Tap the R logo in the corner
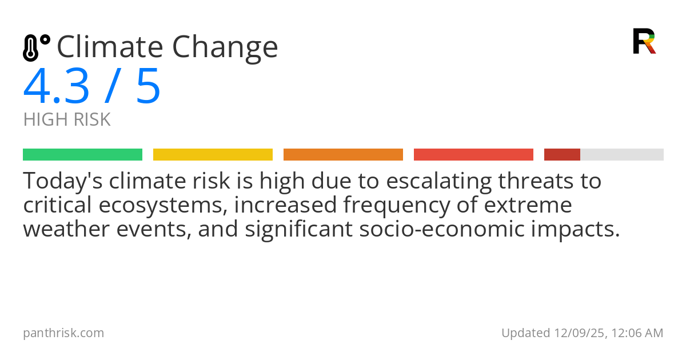[644, 41]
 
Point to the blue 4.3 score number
[57, 87]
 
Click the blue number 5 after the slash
[148, 87]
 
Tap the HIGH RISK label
[67, 120]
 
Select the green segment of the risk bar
[82, 154]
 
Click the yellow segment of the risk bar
[213, 154]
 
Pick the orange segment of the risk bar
[343, 154]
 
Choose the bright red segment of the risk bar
[473, 154]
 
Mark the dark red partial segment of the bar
[562, 154]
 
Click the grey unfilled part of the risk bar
[622, 154]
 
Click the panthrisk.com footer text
[63, 333]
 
